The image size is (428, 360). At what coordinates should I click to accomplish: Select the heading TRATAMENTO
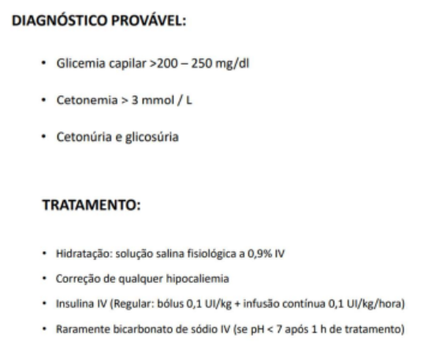(91, 206)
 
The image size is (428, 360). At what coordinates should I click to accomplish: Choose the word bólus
(163, 303)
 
